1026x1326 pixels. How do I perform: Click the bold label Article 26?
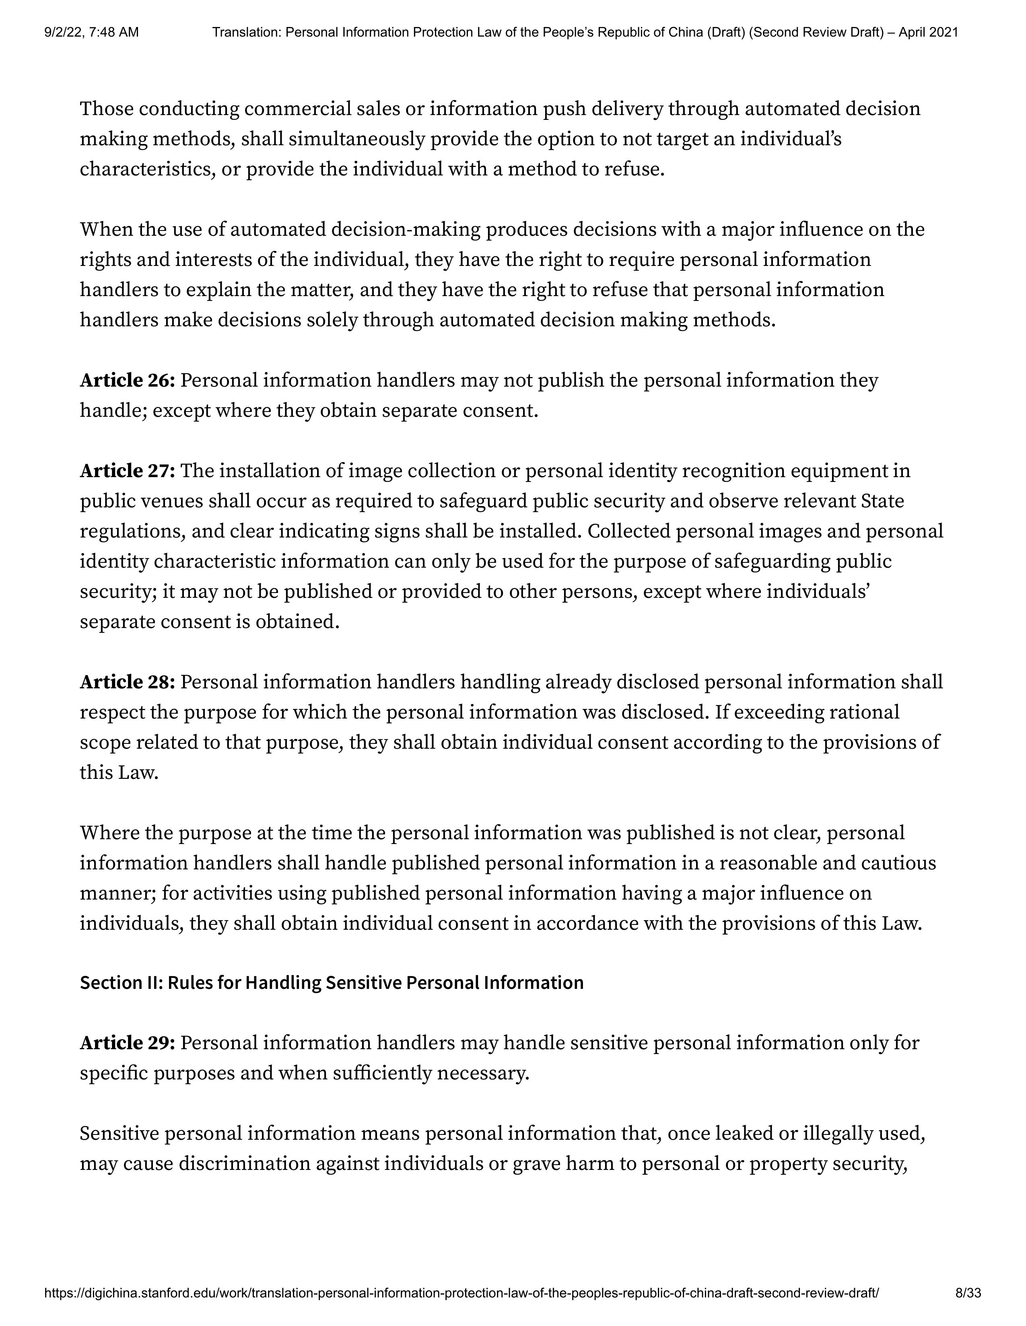(x=128, y=381)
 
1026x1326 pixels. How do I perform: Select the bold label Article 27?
(x=128, y=471)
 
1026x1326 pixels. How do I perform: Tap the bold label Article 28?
(x=128, y=682)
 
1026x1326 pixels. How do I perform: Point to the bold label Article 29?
(x=128, y=1043)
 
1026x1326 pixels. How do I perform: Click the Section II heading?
(x=332, y=983)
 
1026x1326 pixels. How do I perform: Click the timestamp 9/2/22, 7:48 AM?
(x=91, y=32)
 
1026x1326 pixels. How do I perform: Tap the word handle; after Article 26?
(x=113, y=411)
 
